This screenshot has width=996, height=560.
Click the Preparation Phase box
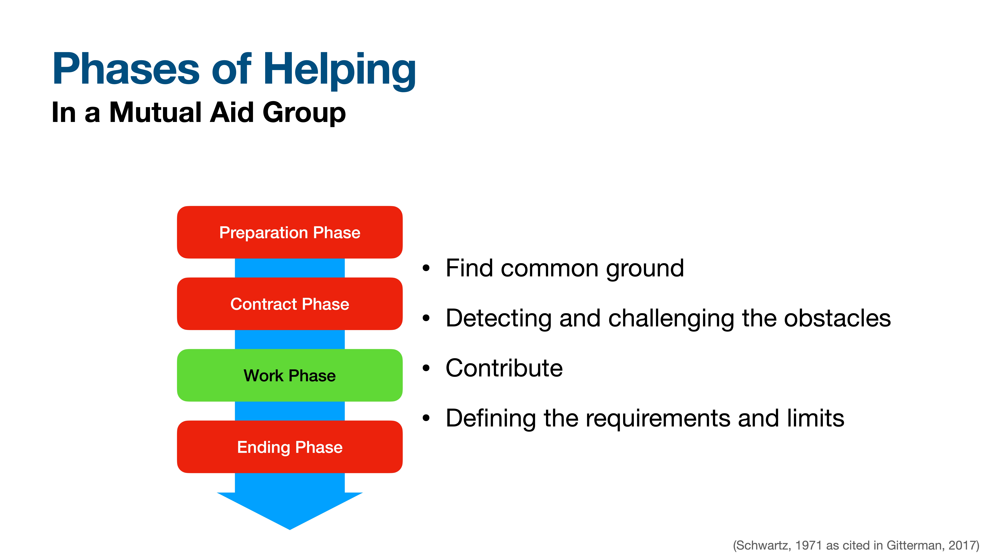click(290, 232)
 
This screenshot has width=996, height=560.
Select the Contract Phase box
click(290, 304)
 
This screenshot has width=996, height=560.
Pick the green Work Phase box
click(290, 375)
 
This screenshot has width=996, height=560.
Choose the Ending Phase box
click(290, 447)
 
